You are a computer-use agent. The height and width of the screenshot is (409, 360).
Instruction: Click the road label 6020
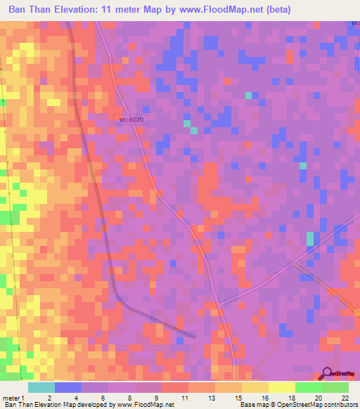[131, 120]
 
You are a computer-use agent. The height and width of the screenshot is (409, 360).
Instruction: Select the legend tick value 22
[345, 398]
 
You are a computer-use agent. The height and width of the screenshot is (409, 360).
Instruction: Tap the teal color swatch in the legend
[41, 387]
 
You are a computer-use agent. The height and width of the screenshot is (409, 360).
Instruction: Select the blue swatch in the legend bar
[67, 387]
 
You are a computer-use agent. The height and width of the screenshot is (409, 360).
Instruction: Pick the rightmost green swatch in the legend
[335, 387]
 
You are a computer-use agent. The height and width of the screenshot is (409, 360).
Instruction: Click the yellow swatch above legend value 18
[281, 387]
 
